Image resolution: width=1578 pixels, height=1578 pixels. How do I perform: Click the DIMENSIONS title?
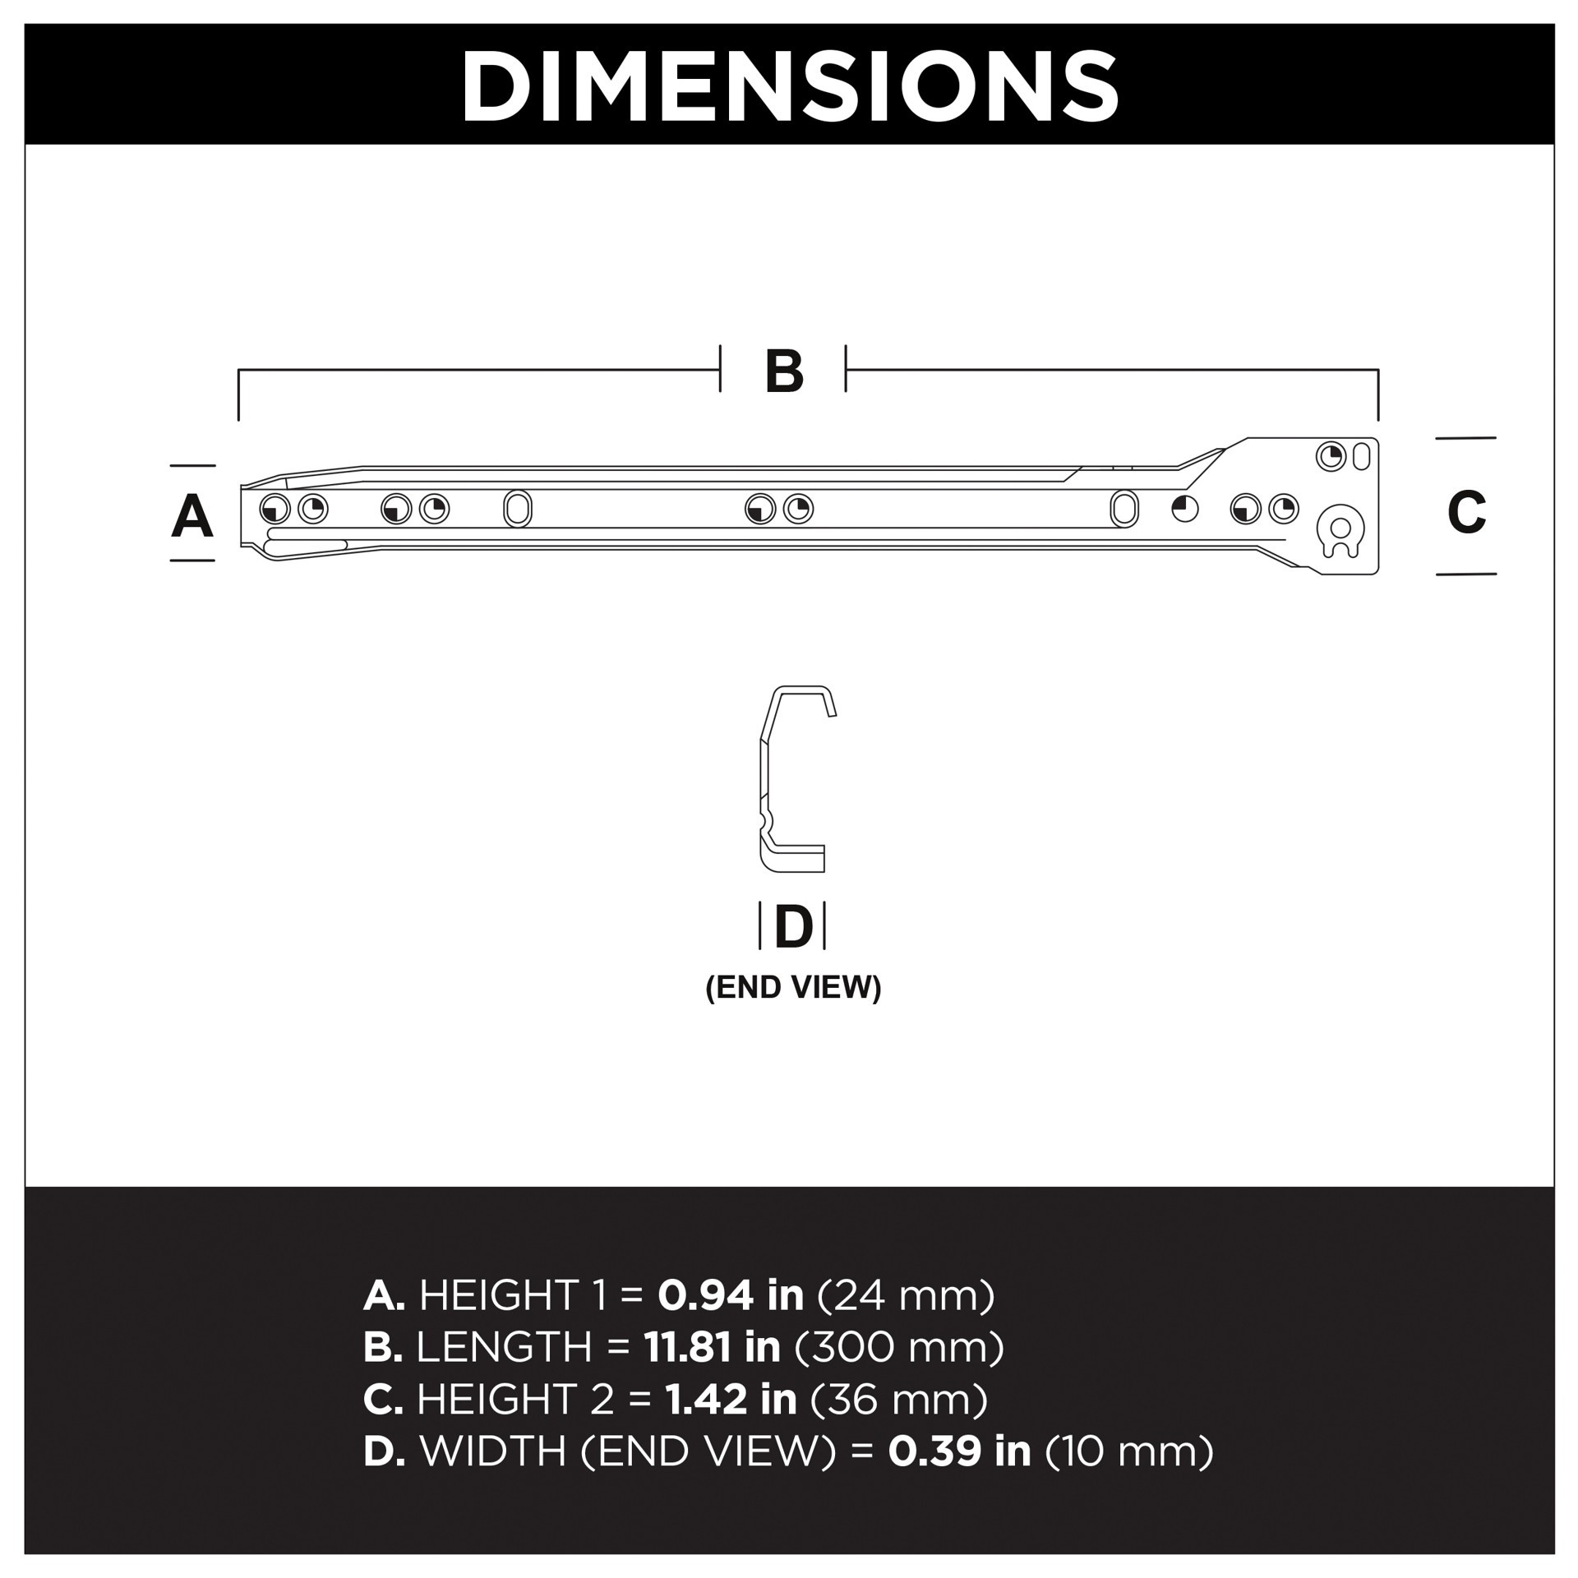pos(789,85)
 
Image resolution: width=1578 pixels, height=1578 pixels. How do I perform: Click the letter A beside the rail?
pos(192,516)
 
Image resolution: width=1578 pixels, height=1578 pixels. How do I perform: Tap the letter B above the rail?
pos(783,371)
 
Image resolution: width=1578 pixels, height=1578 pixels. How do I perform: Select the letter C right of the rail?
pos(1466,511)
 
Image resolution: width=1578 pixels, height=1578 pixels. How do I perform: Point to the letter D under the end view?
pos(793,927)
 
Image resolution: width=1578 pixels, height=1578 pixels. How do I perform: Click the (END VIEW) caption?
pos(793,987)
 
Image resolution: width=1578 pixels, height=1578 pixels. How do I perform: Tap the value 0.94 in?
pos(730,1296)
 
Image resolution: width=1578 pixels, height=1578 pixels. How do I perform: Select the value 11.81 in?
pos(712,1347)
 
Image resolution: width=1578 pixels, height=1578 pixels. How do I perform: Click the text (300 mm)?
pos(899,1347)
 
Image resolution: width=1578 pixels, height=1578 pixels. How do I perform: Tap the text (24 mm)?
pos(906,1296)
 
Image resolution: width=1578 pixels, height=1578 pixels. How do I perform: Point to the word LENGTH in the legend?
pos(504,1347)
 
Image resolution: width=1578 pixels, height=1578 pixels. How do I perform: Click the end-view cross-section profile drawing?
pos(793,779)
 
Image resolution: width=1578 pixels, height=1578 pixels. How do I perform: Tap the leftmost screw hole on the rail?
pos(275,510)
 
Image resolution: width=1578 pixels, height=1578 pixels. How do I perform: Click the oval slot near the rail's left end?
pos(517,509)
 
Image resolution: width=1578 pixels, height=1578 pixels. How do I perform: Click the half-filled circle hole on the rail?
pos(1184,509)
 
